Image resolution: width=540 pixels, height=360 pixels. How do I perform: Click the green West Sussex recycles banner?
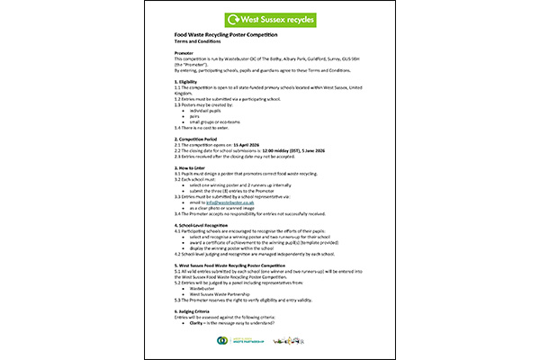coord(269,19)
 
